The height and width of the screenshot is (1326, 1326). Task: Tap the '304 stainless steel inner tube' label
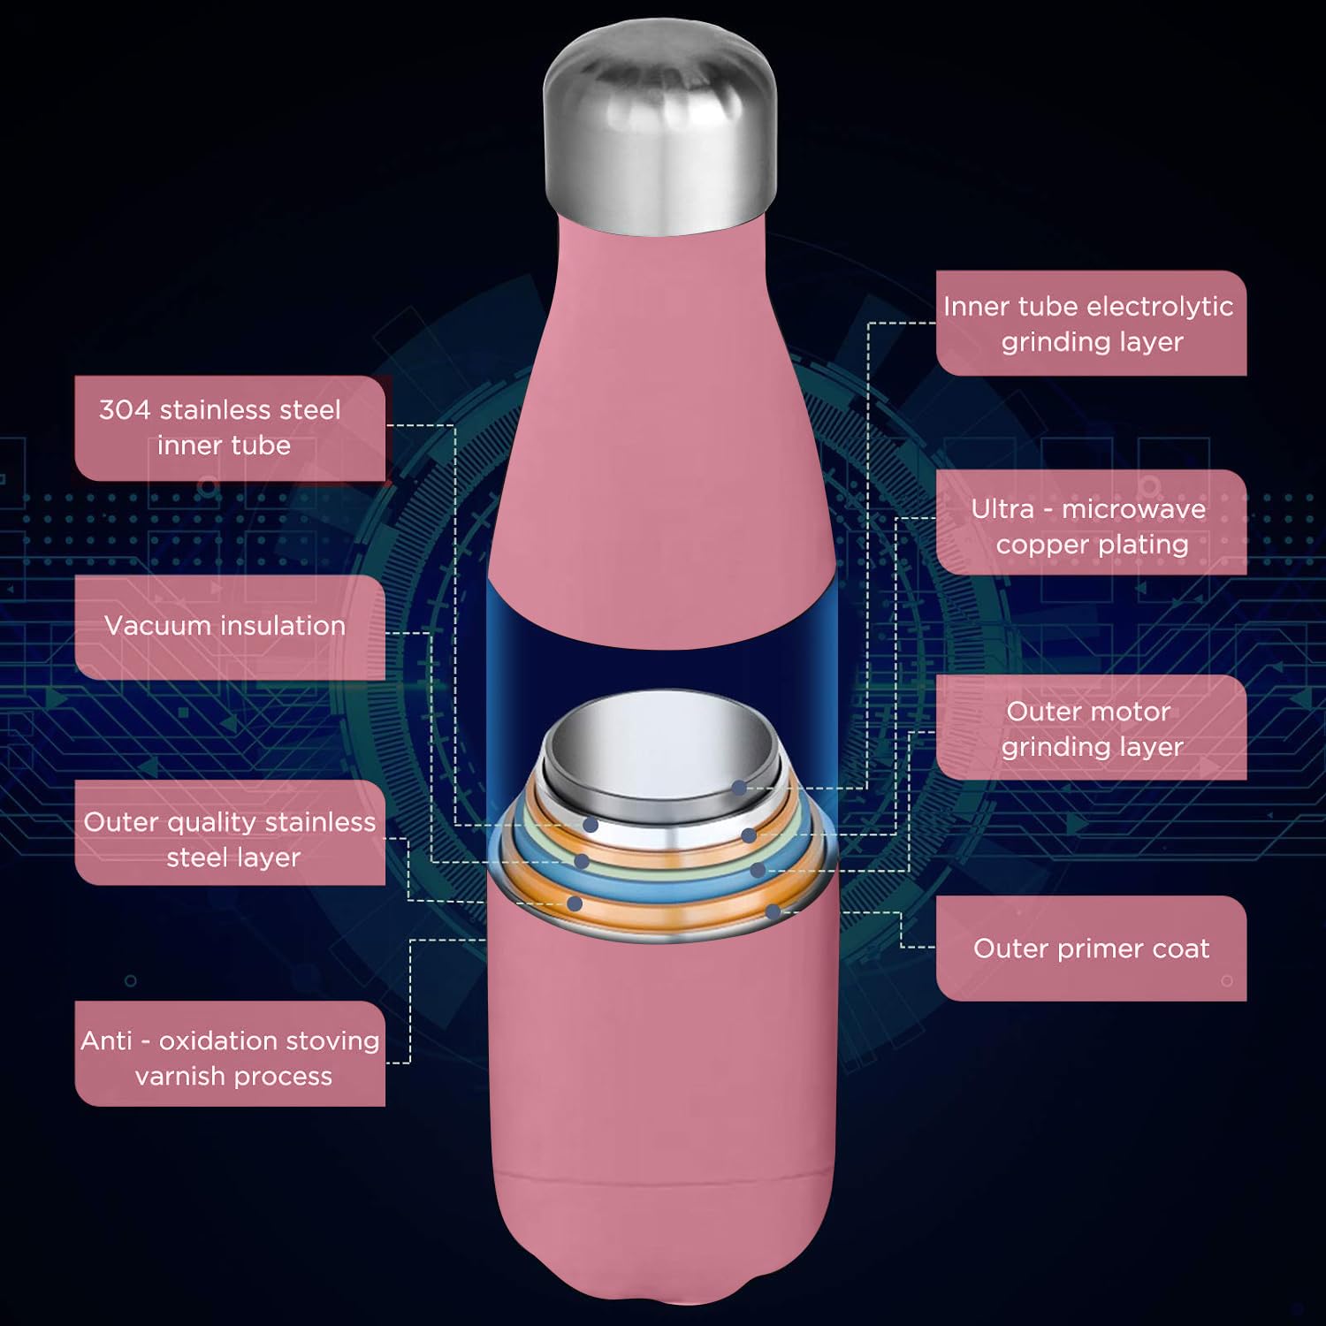[230, 428]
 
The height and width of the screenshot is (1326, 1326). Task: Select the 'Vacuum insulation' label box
[230, 627]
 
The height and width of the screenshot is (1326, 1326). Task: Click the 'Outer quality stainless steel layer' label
[230, 833]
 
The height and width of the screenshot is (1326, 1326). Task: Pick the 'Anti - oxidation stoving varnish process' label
[230, 1054]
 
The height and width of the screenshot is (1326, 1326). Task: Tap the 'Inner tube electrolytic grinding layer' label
[1091, 324]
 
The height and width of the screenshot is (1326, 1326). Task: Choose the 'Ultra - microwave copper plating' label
[1091, 522]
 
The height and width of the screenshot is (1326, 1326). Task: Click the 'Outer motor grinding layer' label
[1091, 728]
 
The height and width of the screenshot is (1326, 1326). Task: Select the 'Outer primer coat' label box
[1091, 949]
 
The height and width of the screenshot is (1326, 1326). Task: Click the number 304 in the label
[125, 410]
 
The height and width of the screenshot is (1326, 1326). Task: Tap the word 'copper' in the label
[1040, 545]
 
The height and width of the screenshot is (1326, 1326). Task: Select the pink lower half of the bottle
[663, 1105]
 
